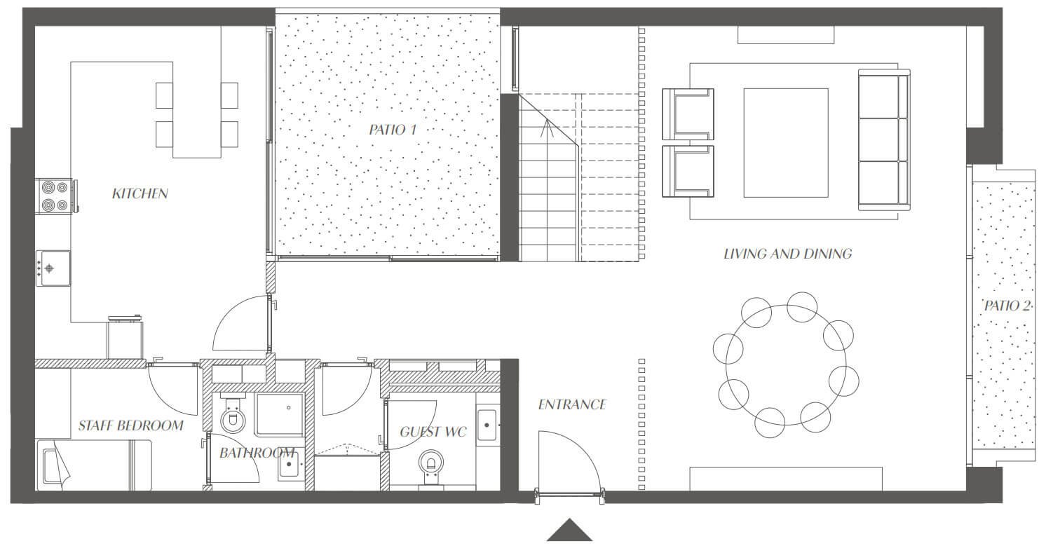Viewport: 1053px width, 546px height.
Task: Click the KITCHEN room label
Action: pos(140,193)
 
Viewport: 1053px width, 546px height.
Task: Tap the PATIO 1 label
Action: pos(393,130)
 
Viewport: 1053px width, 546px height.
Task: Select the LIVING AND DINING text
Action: pos(787,254)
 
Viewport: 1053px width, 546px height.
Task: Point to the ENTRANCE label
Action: pos(572,404)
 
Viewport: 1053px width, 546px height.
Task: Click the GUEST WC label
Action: pos(433,432)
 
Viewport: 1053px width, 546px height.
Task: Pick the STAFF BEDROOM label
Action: pos(130,425)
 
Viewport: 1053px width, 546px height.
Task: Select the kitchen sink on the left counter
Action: pos(53,268)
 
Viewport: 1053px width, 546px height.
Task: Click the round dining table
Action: pos(785,365)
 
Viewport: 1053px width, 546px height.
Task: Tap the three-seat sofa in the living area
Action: pos(884,140)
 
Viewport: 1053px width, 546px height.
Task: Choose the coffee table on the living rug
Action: pos(785,143)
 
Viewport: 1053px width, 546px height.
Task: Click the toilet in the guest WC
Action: pos(430,466)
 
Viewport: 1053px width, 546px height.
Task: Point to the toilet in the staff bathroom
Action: pos(232,416)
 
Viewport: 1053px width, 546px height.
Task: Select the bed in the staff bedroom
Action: pos(94,465)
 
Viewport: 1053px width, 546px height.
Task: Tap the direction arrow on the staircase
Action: pos(547,128)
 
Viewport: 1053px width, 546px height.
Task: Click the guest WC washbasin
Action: pos(487,425)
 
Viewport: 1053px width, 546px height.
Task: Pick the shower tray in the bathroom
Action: pos(280,414)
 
